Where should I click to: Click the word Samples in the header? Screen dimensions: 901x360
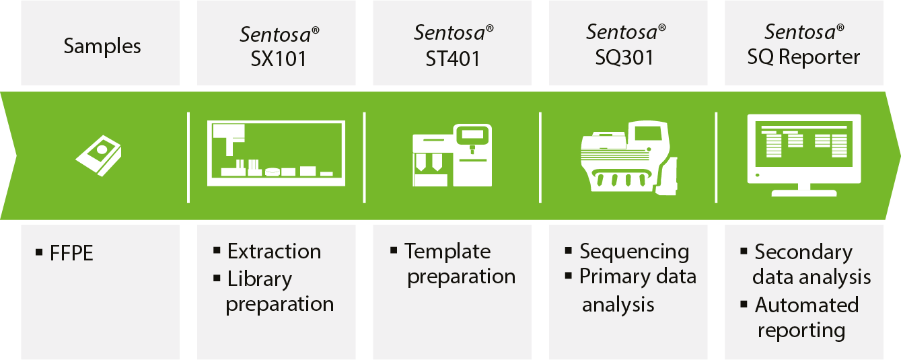102,46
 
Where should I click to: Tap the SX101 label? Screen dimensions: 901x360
279,59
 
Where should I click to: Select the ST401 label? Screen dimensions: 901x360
452,59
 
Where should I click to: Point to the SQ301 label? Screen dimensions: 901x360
624,57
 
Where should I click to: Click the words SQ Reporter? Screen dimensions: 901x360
803,57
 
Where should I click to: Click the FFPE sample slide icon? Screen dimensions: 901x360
98,155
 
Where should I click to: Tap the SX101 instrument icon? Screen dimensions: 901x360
276,153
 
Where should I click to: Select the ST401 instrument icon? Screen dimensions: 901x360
452,155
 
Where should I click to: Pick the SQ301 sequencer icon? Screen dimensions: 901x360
628,157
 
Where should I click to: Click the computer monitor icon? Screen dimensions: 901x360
804,155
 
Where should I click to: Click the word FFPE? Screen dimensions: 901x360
71,254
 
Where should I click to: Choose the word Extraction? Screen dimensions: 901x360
275,252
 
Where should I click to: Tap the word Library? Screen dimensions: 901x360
260,279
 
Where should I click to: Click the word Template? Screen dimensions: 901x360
447,252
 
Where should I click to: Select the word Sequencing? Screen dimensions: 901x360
635,252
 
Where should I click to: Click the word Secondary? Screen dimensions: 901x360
803,253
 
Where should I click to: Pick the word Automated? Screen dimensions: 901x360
807,305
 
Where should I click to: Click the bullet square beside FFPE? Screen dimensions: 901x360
39,252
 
